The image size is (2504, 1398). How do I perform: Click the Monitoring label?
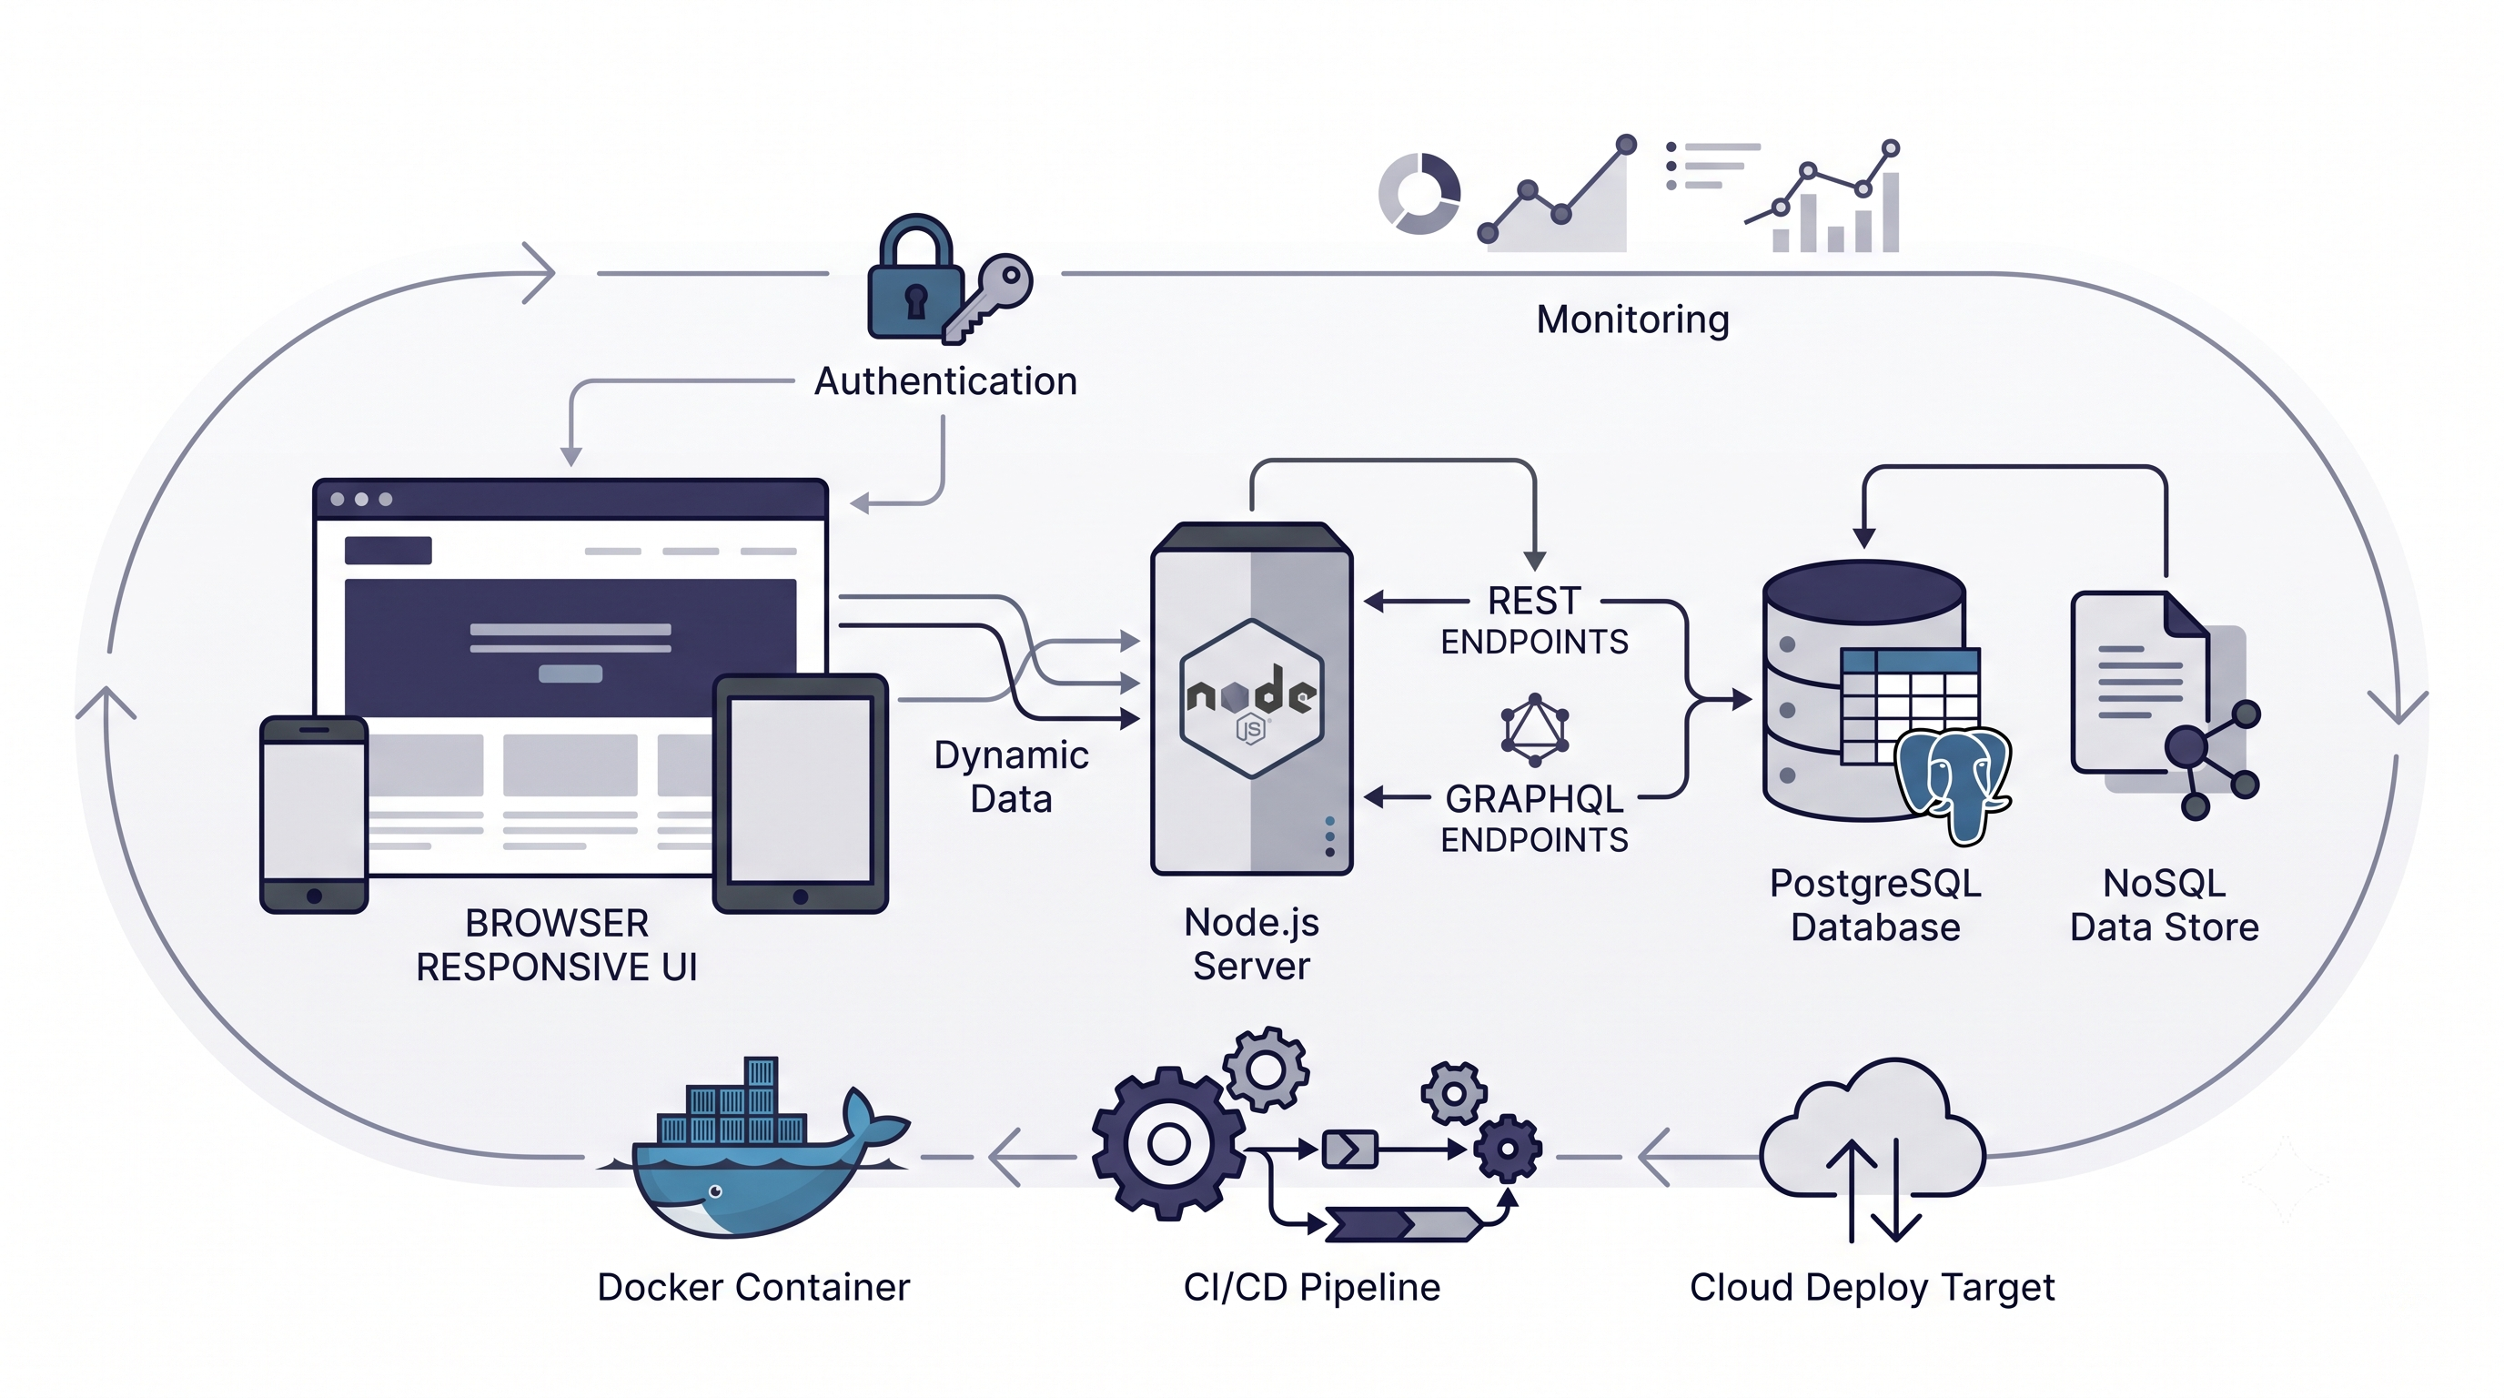1633,319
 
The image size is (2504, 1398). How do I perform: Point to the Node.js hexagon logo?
1251,698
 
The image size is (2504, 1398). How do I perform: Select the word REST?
1535,601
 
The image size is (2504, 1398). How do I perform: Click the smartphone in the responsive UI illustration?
314,815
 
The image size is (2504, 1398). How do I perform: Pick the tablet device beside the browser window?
800,794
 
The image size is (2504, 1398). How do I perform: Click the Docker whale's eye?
715,1190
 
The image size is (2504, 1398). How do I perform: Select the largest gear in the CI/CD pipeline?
1168,1143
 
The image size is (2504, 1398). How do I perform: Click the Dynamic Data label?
1011,776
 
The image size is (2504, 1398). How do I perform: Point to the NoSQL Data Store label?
2165,905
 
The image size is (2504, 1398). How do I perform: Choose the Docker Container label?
753,1287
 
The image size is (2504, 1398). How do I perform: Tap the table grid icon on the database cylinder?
1910,705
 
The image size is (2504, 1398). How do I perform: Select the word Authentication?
945,381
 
